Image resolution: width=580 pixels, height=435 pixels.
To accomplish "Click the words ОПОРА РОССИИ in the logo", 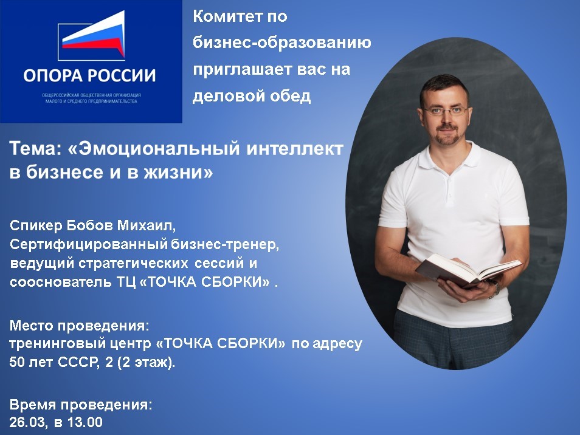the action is (89, 75).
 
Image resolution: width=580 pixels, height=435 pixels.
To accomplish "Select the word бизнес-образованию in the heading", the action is (282, 43).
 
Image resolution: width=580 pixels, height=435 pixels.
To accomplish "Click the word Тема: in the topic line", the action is (35, 149).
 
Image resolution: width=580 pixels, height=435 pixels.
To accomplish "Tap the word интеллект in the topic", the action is (295, 149).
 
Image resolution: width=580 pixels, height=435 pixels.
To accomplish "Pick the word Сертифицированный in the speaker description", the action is (89, 245).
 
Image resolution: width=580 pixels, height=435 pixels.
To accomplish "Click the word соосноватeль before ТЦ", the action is (60, 283).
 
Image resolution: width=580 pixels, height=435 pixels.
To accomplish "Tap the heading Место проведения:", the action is (80, 326).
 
